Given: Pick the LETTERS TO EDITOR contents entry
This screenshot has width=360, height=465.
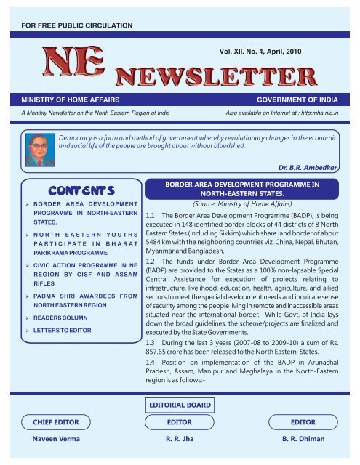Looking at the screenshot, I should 71,333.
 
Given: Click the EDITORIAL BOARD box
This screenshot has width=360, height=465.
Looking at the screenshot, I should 179,404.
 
